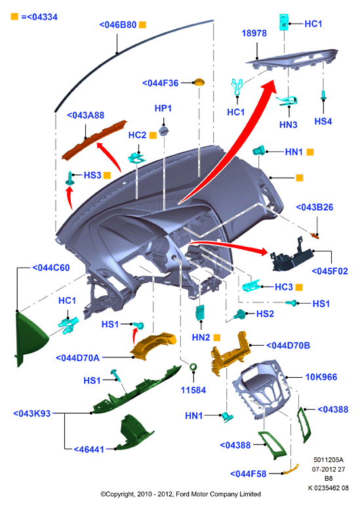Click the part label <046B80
point(117,24)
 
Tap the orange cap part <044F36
point(199,82)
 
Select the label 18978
point(254,33)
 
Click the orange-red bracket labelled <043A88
point(94,140)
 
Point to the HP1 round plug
point(164,132)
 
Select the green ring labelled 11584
point(193,367)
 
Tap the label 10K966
point(321,377)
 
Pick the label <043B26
point(315,207)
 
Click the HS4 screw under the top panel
point(323,96)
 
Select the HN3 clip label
point(289,125)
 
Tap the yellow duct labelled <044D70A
point(153,346)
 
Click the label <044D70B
point(288,346)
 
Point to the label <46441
point(89,449)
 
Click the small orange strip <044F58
point(290,470)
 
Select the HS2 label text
point(265,314)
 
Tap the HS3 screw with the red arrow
point(70,178)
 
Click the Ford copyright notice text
point(180,494)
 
